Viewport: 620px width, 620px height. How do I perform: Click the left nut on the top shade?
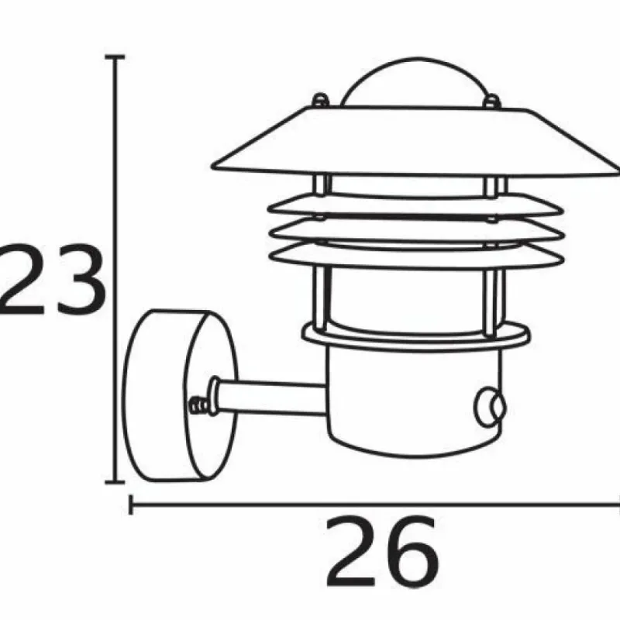point(321,101)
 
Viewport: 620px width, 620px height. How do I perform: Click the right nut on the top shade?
point(492,102)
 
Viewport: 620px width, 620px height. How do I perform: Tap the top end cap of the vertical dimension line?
point(115,57)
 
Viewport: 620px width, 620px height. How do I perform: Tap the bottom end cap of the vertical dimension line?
point(115,482)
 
